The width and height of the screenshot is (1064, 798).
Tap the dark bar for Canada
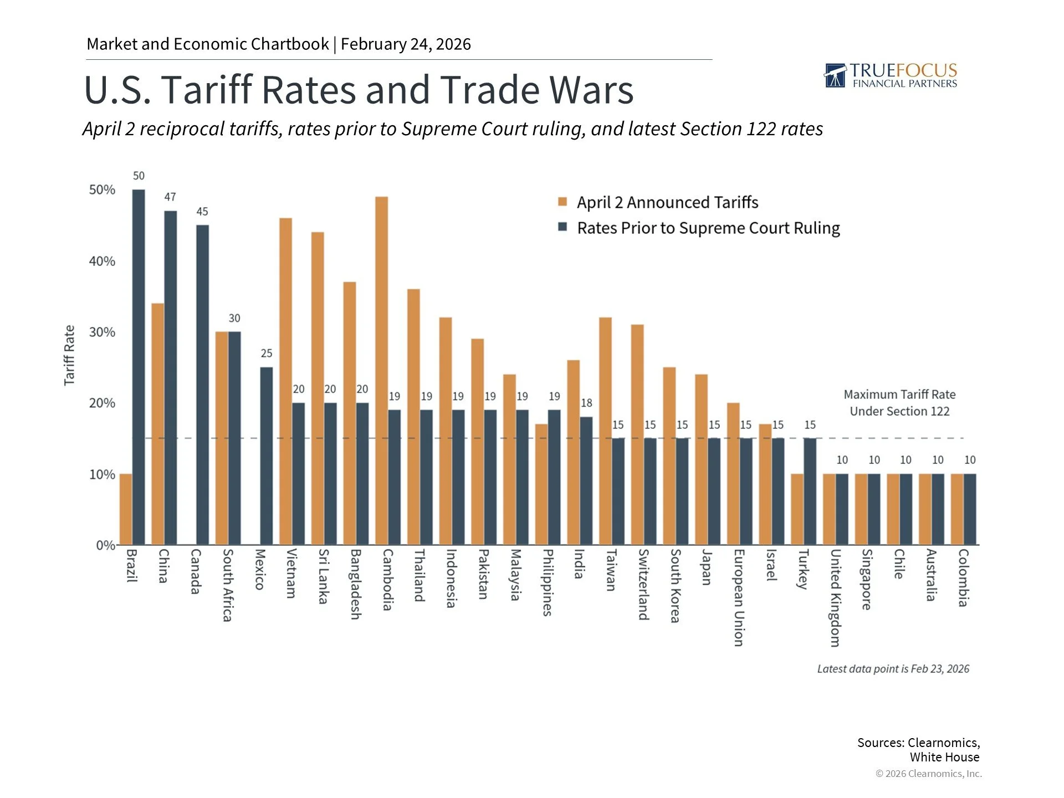pyautogui.click(x=202, y=385)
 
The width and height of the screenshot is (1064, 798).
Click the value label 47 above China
pyautogui.click(x=170, y=197)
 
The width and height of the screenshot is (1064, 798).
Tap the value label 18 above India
pyautogui.click(x=586, y=403)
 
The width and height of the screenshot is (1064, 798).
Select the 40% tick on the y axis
pyautogui.click(x=103, y=261)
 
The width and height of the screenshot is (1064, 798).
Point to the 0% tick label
pyautogui.click(x=105, y=545)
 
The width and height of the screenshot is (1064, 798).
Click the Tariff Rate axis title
pyautogui.click(x=69, y=355)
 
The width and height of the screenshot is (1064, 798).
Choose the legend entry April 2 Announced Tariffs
pyautogui.click(x=667, y=202)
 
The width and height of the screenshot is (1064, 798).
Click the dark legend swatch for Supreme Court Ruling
pyautogui.click(x=562, y=227)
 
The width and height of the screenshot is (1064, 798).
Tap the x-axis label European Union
pyautogui.click(x=739, y=597)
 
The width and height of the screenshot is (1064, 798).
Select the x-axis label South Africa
pyautogui.click(x=227, y=585)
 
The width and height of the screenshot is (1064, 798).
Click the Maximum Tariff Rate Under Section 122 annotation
pyautogui.click(x=899, y=403)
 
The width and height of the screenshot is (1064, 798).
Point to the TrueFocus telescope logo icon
pyautogui.click(x=835, y=76)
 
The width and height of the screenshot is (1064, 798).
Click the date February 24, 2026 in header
pyautogui.click(x=406, y=44)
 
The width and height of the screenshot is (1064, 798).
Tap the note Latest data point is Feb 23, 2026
pyautogui.click(x=893, y=669)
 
